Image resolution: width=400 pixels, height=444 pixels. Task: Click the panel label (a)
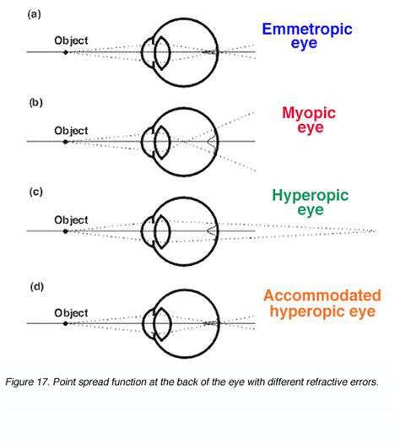point(34,14)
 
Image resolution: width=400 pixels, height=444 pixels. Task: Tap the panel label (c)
point(34,192)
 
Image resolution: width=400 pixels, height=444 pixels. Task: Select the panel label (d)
point(34,286)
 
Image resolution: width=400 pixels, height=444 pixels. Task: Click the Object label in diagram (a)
point(71,40)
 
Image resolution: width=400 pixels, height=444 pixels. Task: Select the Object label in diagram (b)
point(71,130)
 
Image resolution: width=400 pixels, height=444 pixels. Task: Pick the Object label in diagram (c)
point(71,219)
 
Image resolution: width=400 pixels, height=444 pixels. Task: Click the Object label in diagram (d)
point(71,312)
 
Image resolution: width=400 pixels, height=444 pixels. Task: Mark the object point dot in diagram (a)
point(65,52)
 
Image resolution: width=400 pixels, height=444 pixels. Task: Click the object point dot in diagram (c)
point(65,230)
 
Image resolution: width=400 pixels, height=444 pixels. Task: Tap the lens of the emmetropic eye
point(161,52)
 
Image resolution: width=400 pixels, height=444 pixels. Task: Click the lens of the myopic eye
point(161,141)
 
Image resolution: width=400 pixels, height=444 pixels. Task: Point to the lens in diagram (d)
point(161,323)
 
